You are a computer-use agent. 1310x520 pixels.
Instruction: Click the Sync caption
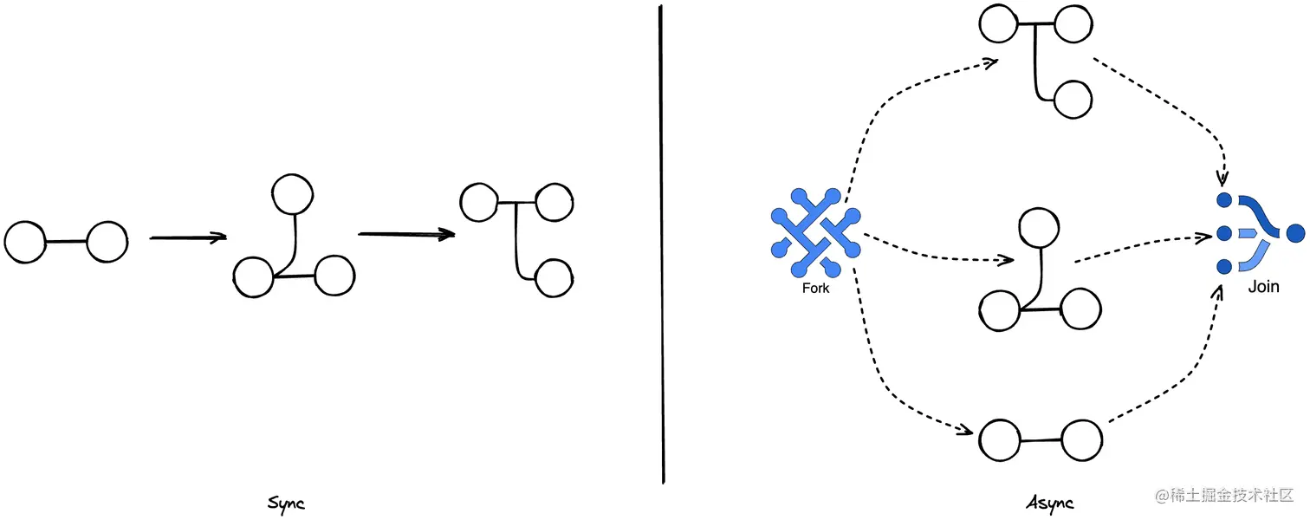click(x=286, y=504)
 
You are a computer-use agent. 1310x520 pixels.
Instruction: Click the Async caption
click(x=1050, y=503)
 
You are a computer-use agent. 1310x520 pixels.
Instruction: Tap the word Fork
click(x=815, y=289)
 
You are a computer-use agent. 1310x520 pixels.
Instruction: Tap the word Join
click(x=1263, y=287)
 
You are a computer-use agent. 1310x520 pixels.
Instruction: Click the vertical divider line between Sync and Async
click(x=662, y=243)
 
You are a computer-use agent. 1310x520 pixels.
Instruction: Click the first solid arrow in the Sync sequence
click(x=188, y=237)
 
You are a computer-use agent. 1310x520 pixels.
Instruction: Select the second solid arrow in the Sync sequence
click(x=406, y=233)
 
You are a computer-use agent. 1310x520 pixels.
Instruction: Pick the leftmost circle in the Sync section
click(x=25, y=242)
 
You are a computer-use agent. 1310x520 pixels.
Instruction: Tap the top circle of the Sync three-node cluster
click(x=292, y=195)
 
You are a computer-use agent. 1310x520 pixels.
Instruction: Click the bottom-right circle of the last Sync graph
click(x=554, y=279)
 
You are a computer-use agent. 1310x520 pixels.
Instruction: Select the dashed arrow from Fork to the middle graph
click(x=940, y=249)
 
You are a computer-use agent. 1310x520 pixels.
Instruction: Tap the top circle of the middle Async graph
click(x=1038, y=228)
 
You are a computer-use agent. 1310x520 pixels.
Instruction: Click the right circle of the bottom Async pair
click(x=1080, y=440)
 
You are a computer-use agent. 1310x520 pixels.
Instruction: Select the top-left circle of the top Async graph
click(x=999, y=24)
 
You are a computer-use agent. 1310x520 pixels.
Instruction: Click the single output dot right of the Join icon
click(x=1296, y=233)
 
